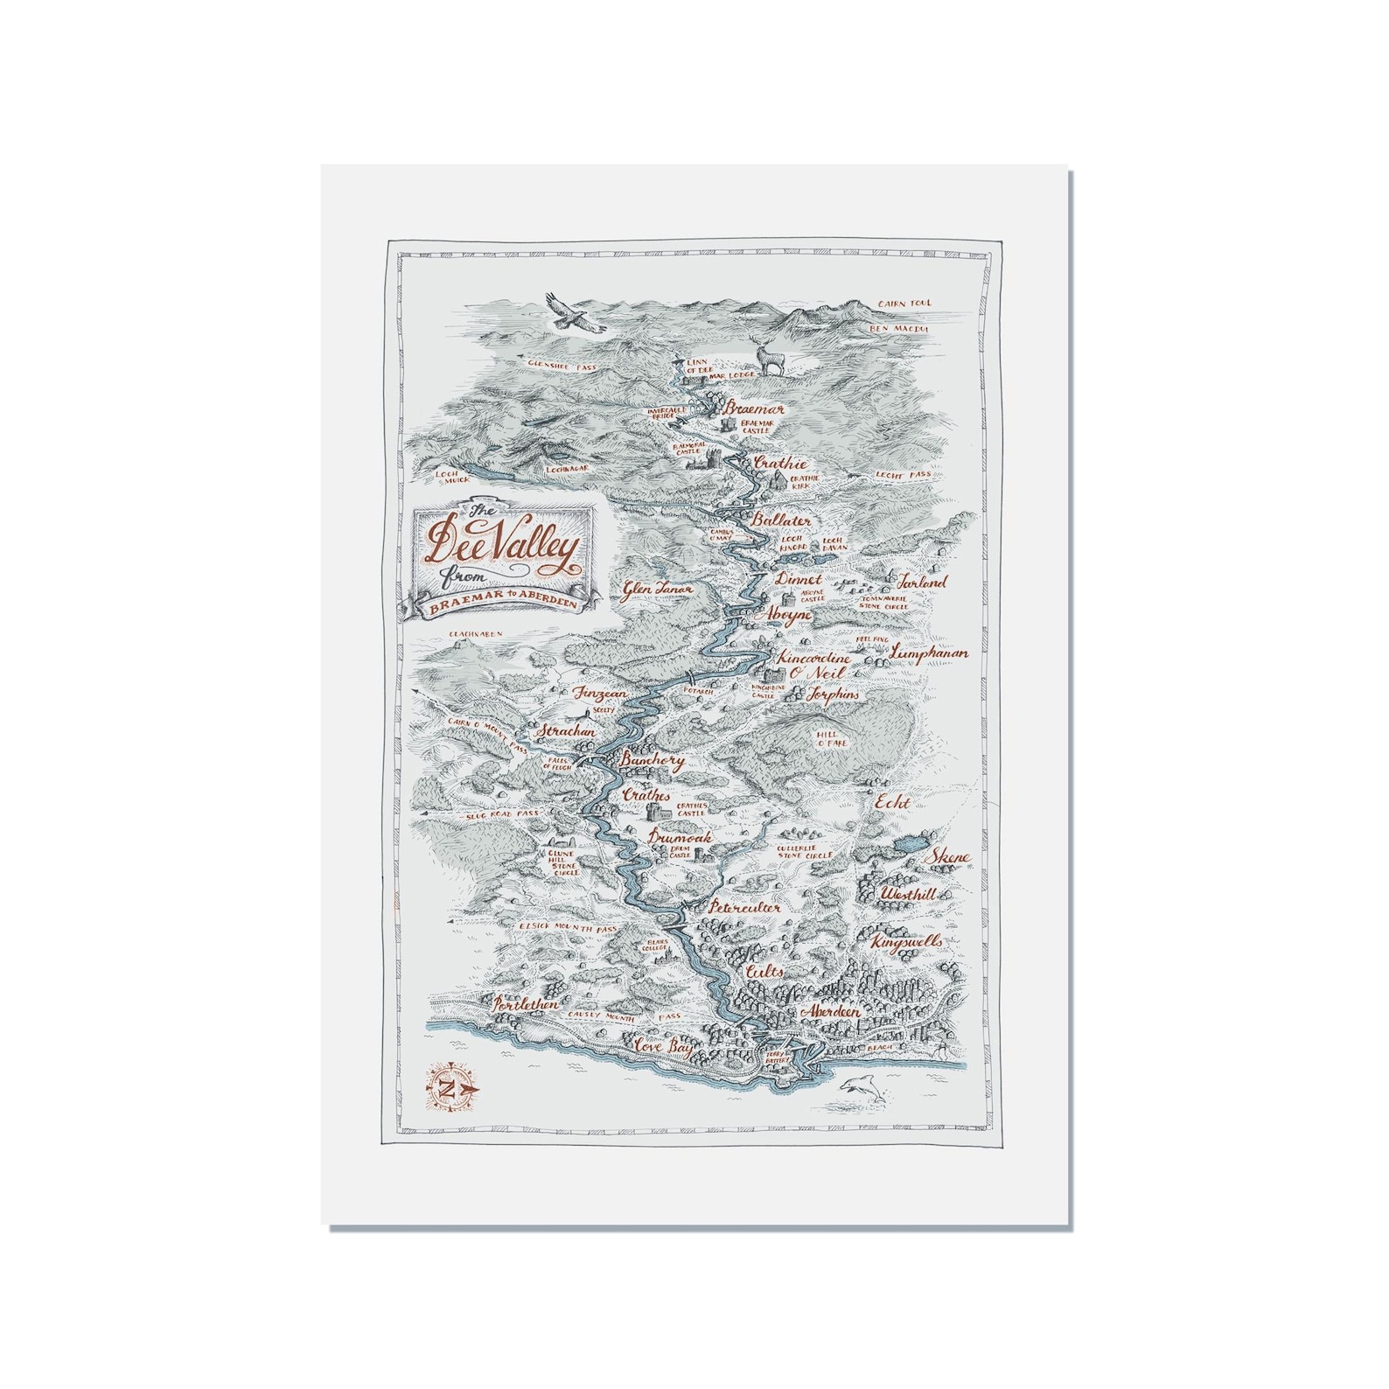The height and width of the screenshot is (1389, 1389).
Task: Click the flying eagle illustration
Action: [573, 312]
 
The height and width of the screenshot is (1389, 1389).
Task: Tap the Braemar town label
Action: [754, 408]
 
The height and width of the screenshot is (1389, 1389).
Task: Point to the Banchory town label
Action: [651, 762]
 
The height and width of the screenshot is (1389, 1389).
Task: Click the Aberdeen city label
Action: [829, 1011]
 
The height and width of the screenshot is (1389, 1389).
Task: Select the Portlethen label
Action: [525, 1006]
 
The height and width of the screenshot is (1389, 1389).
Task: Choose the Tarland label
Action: [921, 582]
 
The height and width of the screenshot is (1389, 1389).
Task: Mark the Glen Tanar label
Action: [658, 590]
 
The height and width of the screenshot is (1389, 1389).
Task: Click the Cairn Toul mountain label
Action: [905, 304]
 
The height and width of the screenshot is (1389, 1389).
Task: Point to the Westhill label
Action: [908, 895]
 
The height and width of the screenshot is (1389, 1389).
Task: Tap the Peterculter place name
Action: [744, 908]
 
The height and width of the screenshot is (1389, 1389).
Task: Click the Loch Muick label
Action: [453, 476]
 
